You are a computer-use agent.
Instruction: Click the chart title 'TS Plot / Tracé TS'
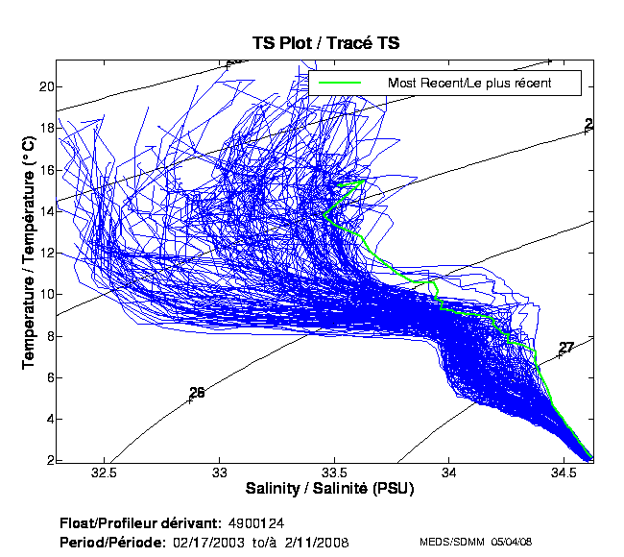click(325, 43)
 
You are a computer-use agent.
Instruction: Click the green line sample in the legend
click(339, 83)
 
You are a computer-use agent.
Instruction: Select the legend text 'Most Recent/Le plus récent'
click(468, 83)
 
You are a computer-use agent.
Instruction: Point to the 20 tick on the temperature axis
click(43, 86)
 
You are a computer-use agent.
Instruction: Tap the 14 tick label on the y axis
click(43, 211)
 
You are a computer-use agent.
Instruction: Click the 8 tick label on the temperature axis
click(46, 336)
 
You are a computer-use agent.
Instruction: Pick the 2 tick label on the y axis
click(46, 460)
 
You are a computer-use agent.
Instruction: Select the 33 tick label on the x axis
click(220, 472)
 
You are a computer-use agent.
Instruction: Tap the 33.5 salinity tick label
click(334, 472)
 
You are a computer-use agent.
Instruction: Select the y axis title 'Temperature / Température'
click(28, 252)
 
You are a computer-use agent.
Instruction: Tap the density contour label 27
click(566, 348)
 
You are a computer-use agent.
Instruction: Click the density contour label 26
click(197, 392)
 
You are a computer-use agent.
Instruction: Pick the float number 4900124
click(256, 523)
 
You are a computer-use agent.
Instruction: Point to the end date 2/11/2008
click(317, 543)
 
